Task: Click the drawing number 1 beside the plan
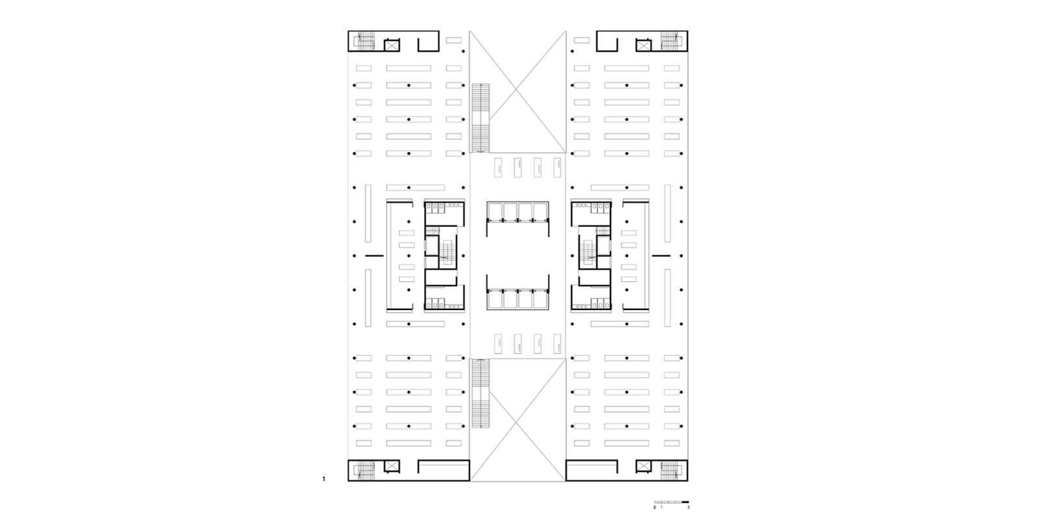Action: (x=323, y=480)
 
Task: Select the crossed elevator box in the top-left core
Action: (x=392, y=45)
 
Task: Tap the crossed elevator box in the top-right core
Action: (x=644, y=45)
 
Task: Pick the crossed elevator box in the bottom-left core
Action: (x=392, y=466)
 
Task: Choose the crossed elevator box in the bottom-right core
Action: (x=644, y=466)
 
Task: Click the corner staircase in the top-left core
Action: (x=364, y=42)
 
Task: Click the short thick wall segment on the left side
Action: (x=373, y=256)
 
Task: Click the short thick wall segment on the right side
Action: (x=661, y=256)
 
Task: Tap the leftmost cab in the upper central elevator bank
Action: (x=495, y=211)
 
